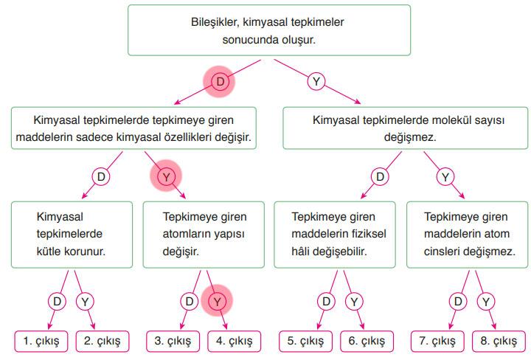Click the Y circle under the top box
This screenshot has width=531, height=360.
[x=316, y=82]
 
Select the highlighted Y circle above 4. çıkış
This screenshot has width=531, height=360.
[x=217, y=301]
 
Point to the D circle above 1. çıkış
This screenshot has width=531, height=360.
[x=58, y=301]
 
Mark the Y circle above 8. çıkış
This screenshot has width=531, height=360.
[x=485, y=301]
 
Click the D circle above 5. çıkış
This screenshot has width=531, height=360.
[x=325, y=301]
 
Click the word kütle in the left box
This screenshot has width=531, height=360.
[x=51, y=251]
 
